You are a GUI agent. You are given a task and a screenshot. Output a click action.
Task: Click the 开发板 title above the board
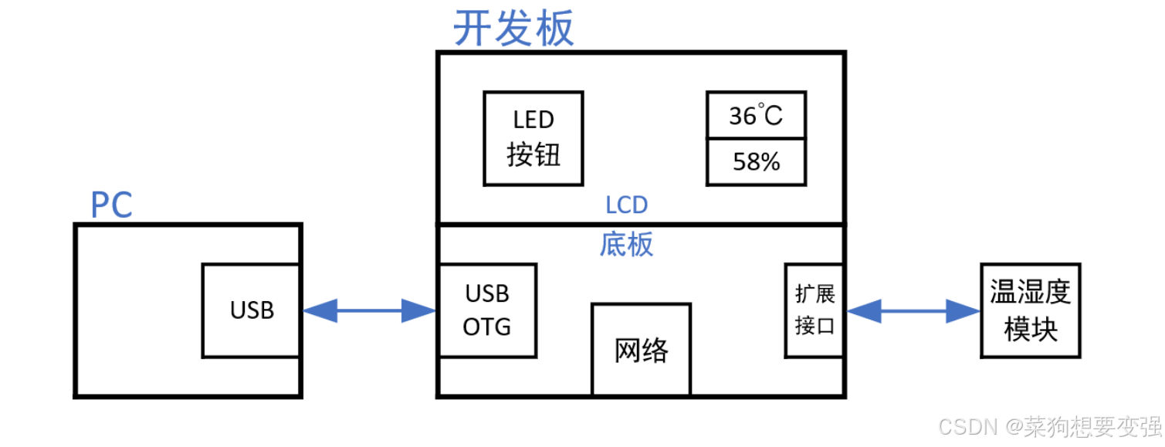(513, 29)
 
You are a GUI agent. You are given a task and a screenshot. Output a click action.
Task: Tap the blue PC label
(112, 205)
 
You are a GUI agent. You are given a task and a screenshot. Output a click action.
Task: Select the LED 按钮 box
(533, 138)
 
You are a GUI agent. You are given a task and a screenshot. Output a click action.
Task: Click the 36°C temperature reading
(756, 116)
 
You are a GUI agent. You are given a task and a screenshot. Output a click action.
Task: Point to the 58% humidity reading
(756, 162)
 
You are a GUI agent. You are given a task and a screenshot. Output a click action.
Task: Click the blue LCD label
(626, 205)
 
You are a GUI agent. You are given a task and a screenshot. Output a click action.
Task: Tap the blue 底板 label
(626, 244)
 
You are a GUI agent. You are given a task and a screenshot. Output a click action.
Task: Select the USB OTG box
(487, 310)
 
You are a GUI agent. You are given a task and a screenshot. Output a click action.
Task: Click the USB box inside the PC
(252, 310)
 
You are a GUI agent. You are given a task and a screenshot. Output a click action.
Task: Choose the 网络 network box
(641, 349)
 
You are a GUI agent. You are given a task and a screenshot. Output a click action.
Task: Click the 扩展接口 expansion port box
(814, 310)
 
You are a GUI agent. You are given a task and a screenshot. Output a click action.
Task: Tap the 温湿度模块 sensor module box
(1030, 310)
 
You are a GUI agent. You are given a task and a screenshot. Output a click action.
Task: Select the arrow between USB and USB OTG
(369, 311)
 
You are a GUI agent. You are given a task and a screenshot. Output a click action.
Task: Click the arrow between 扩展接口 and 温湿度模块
(913, 311)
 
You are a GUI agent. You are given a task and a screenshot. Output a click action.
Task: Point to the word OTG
(487, 327)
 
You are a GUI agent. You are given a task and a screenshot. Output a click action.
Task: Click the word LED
(533, 120)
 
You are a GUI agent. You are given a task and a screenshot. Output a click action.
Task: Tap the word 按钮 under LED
(533, 155)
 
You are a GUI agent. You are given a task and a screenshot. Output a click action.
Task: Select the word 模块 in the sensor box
(1030, 330)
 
